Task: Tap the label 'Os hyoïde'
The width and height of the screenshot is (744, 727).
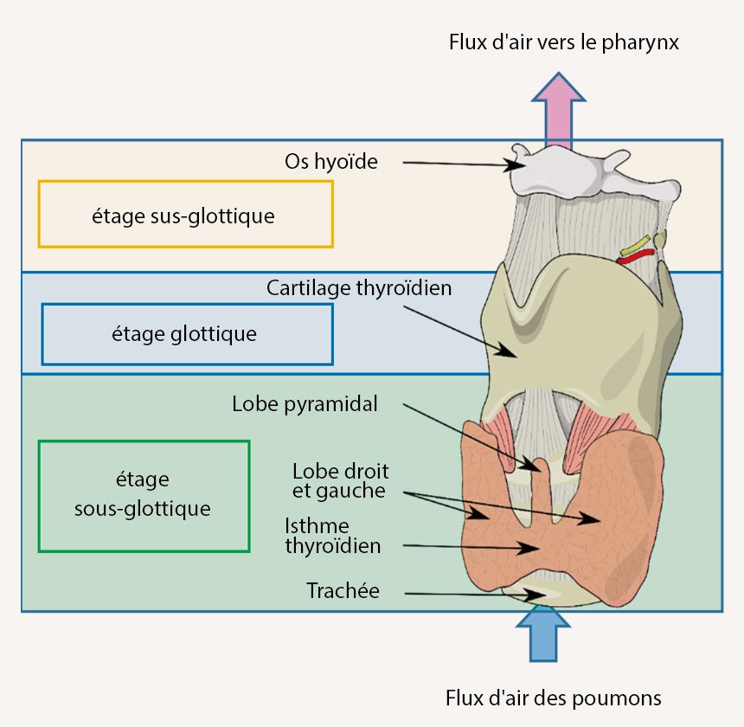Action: (330, 161)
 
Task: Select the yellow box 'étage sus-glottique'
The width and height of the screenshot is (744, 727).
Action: (185, 214)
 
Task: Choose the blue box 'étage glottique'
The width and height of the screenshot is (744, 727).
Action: (186, 333)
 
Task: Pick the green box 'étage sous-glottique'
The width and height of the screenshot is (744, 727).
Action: (144, 495)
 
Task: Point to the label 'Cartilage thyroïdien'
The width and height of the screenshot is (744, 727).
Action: (359, 287)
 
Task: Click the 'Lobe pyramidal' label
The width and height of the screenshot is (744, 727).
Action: (305, 404)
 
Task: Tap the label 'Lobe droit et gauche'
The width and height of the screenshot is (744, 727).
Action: (340, 481)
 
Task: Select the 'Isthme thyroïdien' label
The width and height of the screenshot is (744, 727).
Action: (332, 536)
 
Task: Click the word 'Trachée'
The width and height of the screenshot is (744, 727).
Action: (343, 591)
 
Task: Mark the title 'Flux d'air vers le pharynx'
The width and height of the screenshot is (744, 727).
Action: (563, 42)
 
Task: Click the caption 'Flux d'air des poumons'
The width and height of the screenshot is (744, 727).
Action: (553, 697)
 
